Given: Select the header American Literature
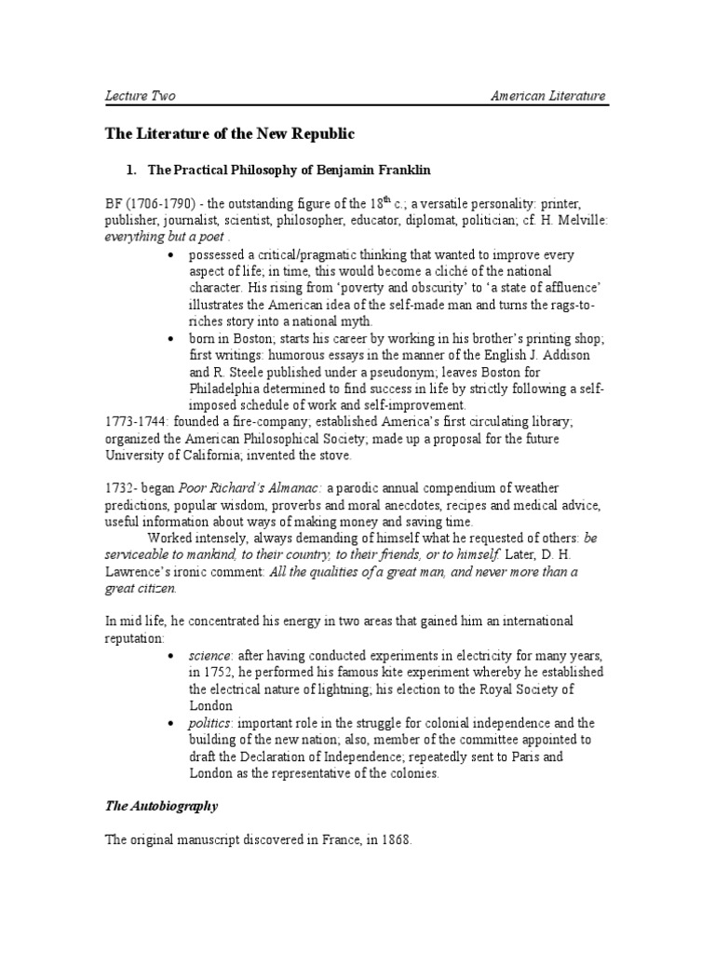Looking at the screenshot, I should pyautogui.click(x=548, y=96).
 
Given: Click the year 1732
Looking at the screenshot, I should pyautogui.click(x=120, y=490).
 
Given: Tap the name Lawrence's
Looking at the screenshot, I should pyautogui.click(x=141, y=572).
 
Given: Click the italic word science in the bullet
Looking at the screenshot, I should pyautogui.click(x=210, y=655).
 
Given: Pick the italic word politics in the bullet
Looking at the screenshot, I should pyautogui.click(x=212, y=723).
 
